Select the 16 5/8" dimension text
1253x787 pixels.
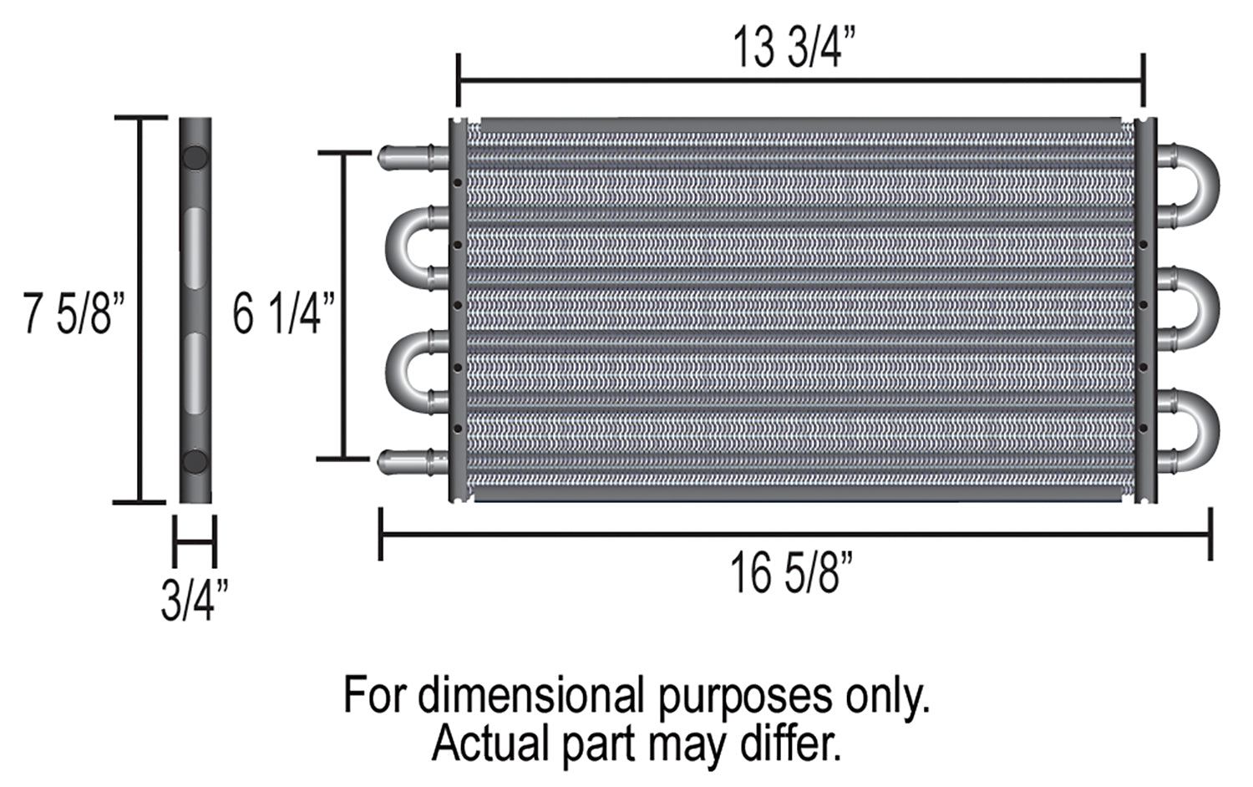coord(792,574)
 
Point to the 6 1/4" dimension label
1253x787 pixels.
coord(283,314)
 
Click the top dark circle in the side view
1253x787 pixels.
coord(195,158)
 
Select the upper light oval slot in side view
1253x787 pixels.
coord(195,248)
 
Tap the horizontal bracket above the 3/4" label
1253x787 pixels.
coord(195,541)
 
